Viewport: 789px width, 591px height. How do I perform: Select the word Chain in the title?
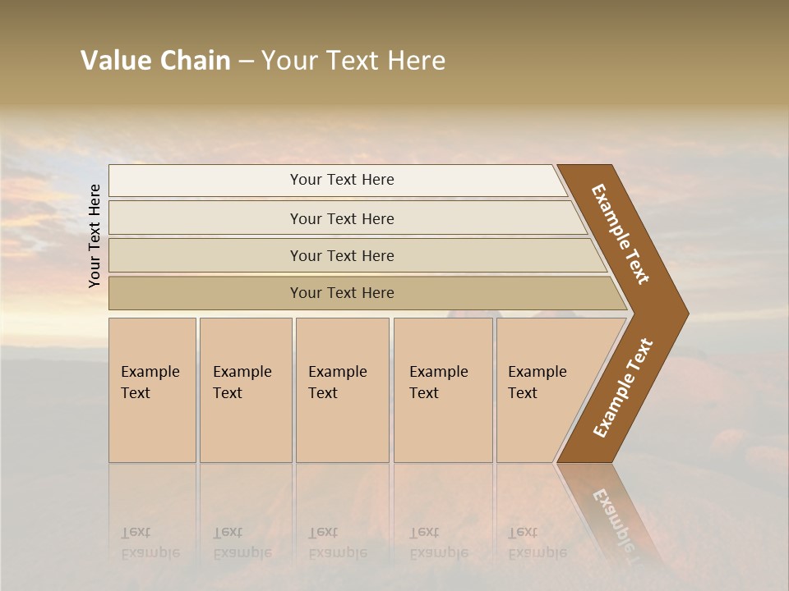click(x=195, y=61)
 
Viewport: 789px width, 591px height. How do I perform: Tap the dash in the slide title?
click(x=246, y=62)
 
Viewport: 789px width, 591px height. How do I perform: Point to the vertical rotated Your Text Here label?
click(x=95, y=236)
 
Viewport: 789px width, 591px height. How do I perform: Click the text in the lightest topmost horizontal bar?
click(x=342, y=180)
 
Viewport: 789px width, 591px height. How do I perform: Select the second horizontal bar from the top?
click(x=342, y=218)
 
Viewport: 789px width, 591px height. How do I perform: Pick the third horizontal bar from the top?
click(x=342, y=255)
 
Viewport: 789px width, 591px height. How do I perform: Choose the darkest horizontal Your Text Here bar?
click(x=342, y=293)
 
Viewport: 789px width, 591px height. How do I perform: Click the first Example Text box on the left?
click(x=152, y=390)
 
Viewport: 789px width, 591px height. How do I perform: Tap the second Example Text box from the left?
click(x=246, y=390)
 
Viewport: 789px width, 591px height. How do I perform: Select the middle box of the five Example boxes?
click(x=342, y=390)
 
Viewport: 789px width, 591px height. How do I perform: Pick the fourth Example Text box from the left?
click(x=443, y=390)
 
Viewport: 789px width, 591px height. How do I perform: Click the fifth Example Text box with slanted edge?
click(x=542, y=390)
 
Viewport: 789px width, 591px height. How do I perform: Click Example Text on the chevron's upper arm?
click(x=621, y=234)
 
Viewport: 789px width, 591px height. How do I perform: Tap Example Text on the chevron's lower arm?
click(x=622, y=388)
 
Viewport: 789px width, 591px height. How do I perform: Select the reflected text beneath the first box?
click(x=150, y=543)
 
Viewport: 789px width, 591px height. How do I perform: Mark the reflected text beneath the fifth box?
click(x=538, y=543)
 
